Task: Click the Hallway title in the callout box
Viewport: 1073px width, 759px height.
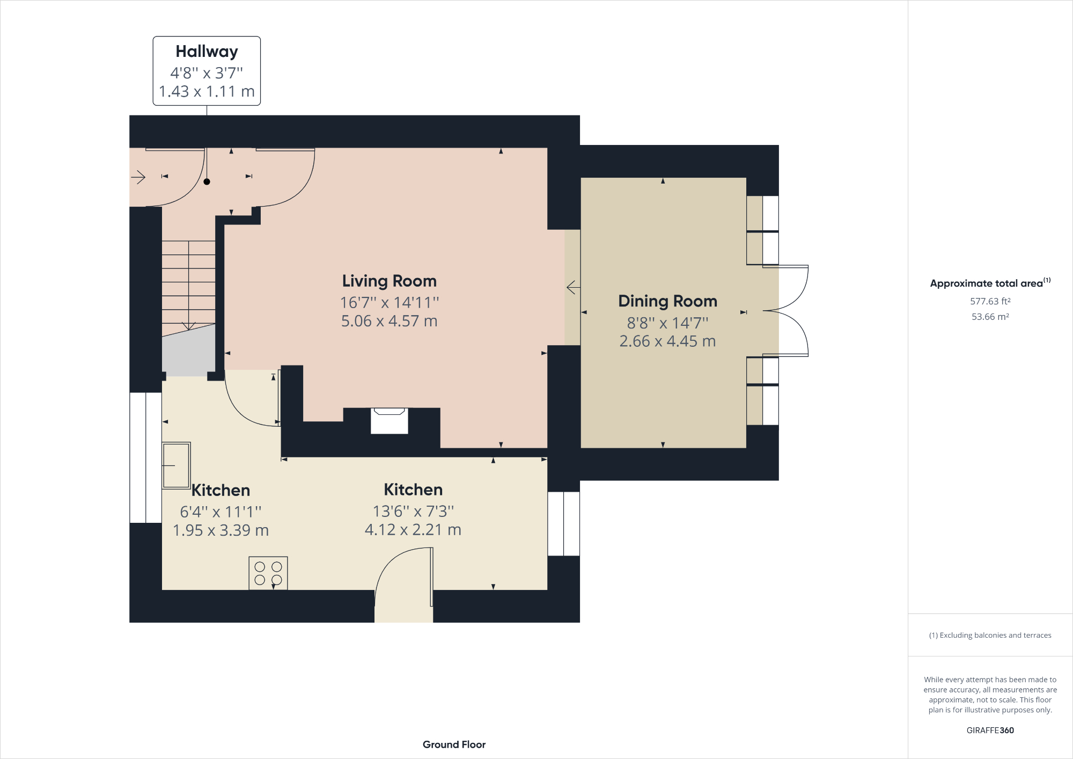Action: click(x=207, y=52)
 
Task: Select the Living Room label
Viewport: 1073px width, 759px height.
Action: click(x=389, y=281)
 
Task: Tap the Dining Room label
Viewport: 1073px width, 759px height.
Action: click(x=667, y=301)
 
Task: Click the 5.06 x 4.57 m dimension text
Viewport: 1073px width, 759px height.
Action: click(x=389, y=321)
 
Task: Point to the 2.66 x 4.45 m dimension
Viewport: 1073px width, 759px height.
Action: click(x=667, y=341)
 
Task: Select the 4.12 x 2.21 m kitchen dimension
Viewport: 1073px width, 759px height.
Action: click(x=413, y=530)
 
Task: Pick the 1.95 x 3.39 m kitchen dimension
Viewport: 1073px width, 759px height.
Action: click(x=221, y=530)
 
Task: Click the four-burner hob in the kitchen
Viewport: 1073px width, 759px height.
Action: click(x=268, y=573)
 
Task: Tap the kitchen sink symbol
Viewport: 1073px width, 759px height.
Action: click(x=177, y=465)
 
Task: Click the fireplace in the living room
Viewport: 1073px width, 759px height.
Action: click(x=389, y=421)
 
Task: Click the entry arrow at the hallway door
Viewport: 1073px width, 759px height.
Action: click(x=138, y=177)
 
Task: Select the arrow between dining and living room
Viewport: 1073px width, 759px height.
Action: click(x=574, y=288)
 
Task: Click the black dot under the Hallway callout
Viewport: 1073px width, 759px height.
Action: click(x=207, y=182)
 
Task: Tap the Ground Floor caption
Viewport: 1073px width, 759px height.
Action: click(x=454, y=745)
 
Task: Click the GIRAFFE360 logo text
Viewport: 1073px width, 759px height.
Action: click(x=990, y=730)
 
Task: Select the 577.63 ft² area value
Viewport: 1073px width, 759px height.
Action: click(x=990, y=301)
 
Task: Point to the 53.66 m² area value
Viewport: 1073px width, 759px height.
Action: click(x=990, y=317)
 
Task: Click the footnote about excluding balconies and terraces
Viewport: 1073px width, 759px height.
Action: click(x=990, y=635)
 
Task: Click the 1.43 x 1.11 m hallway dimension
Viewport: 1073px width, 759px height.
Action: click(x=207, y=91)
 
